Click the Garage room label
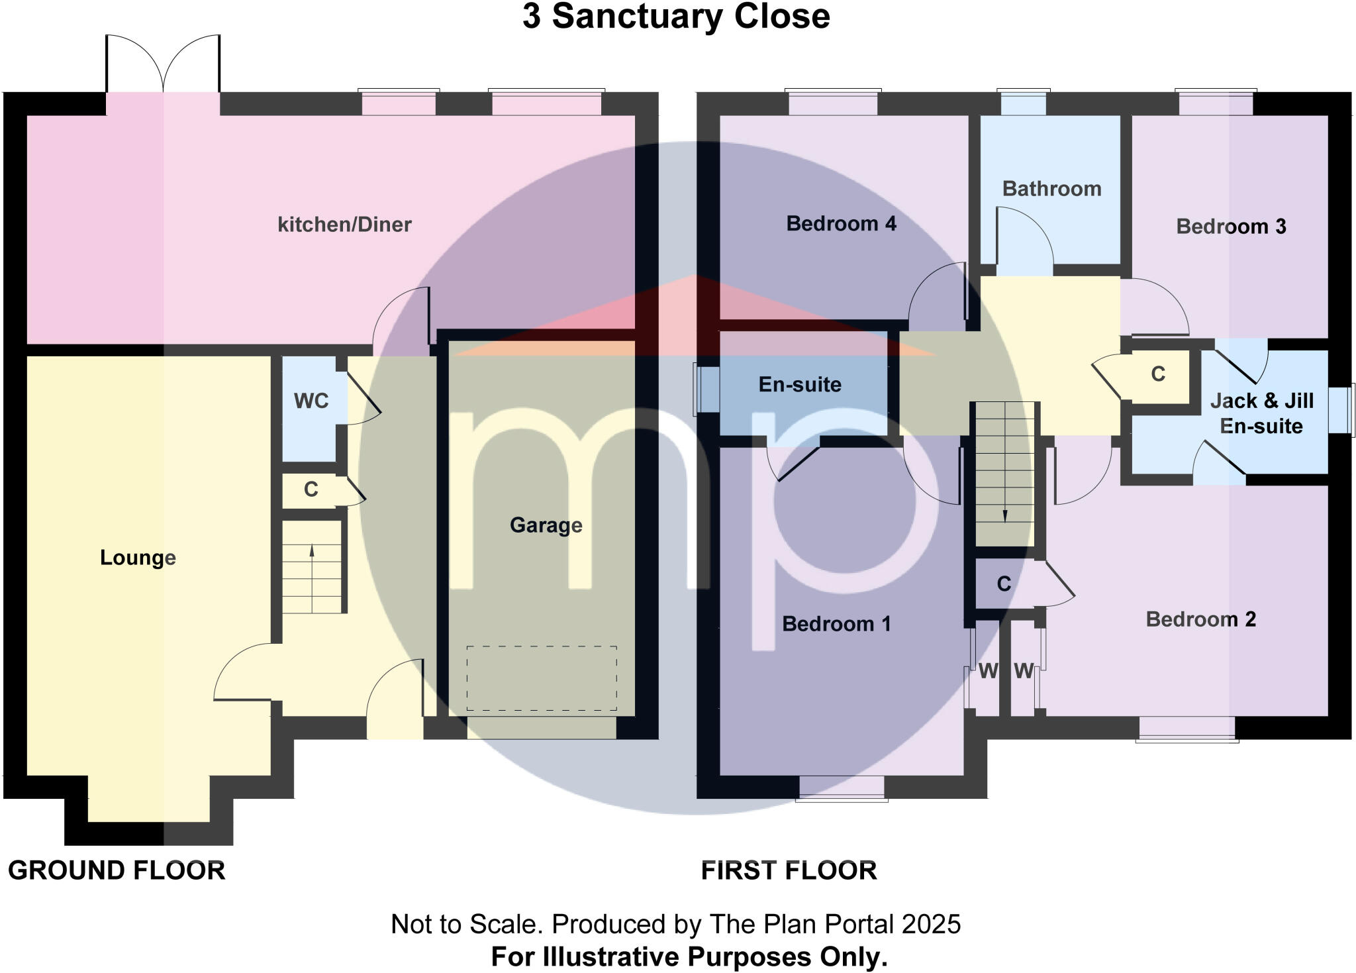click(x=546, y=525)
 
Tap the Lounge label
click(x=138, y=558)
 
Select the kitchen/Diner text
click(x=344, y=225)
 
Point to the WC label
click(x=311, y=401)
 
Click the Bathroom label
click(x=1051, y=189)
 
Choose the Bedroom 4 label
click(x=841, y=224)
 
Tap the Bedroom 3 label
click(x=1231, y=227)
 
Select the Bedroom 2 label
click(x=1200, y=619)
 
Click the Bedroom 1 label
click(x=836, y=624)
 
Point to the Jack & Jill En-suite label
click(x=1261, y=413)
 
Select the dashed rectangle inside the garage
click(x=541, y=678)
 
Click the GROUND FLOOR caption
click(x=117, y=870)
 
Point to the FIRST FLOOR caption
click(x=789, y=870)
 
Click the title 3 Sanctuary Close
click(x=676, y=17)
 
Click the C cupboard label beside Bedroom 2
click(x=1004, y=584)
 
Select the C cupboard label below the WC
click(x=311, y=489)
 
